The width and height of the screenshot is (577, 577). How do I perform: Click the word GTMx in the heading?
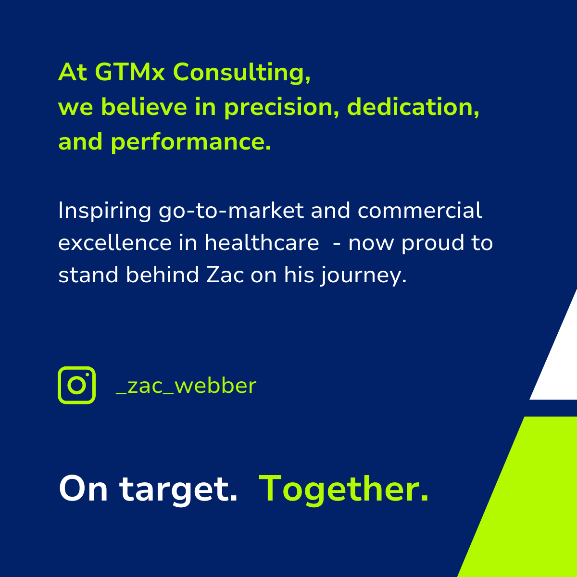130,72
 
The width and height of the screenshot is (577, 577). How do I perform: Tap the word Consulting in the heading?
242,74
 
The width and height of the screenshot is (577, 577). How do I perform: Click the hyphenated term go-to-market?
231,212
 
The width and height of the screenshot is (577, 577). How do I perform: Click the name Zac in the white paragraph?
225,275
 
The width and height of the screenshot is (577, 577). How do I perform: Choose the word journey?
364,276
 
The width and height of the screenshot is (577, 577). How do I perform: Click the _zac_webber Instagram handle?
186,386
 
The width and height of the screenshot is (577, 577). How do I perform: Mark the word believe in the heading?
144,107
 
